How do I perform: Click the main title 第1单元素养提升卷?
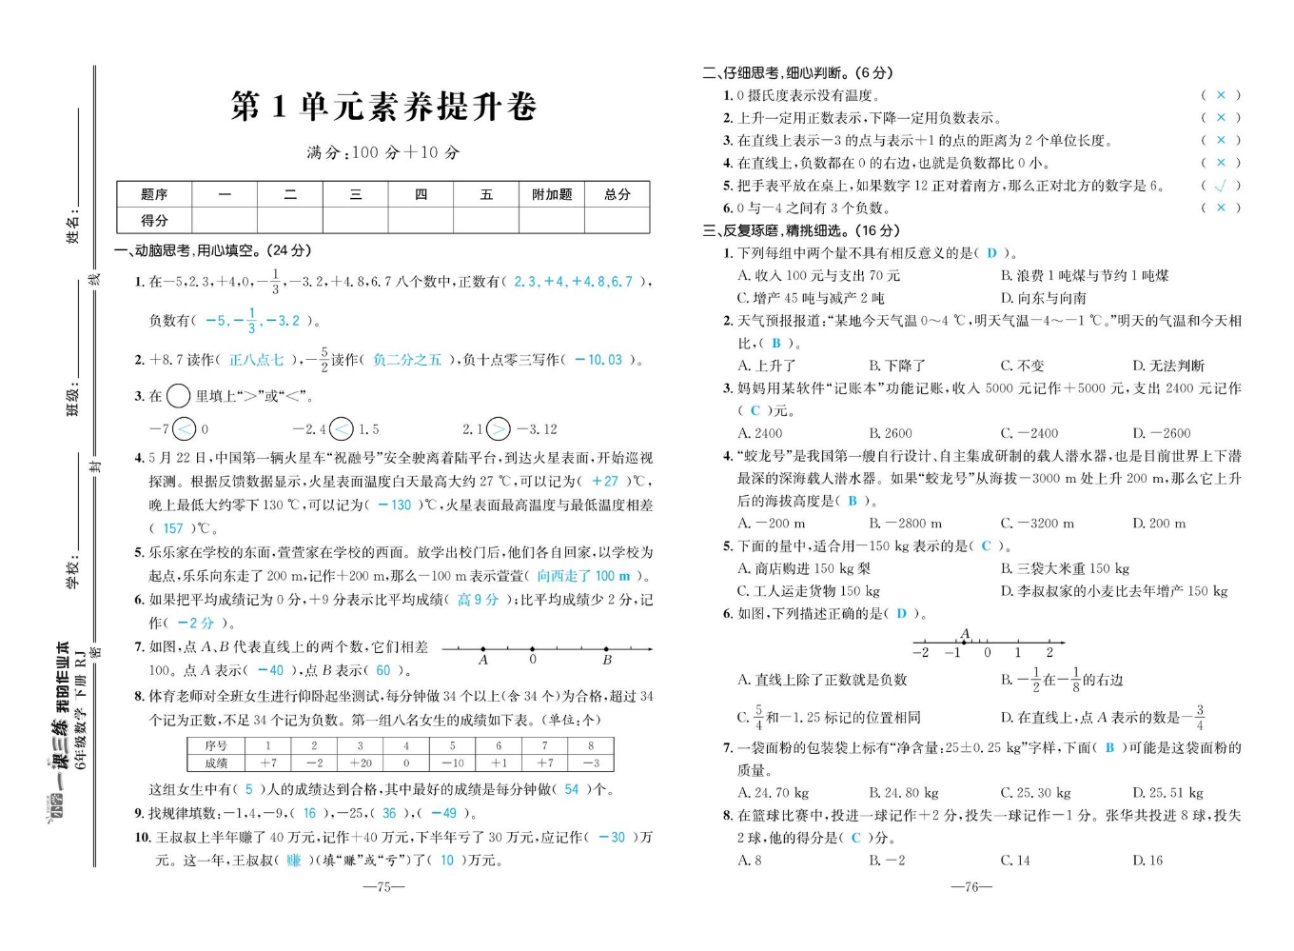click(x=383, y=106)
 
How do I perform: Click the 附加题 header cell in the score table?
click(x=552, y=194)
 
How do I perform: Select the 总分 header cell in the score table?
click(x=618, y=194)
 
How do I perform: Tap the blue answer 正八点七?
click(x=257, y=360)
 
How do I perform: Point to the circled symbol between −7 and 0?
click(x=185, y=429)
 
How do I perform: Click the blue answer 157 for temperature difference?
click(x=173, y=528)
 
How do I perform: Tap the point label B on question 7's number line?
click(x=607, y=660)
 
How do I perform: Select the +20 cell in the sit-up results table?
click(x=360, y=763)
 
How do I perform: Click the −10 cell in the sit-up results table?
click(x=452, y=763)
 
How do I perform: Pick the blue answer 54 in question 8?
click(x=571, y=789)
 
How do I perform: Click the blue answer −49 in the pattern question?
click(x=443, y=813)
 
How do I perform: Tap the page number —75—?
click(x=384, y=886)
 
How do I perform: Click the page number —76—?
click(x=971, y=886)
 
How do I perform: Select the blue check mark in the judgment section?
click(x=1221, y=186)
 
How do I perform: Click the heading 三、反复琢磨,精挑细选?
click(x=801, y=230)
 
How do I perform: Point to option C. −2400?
click(x=1029, y=433)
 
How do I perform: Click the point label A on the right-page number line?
click(x=965, y=633)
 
